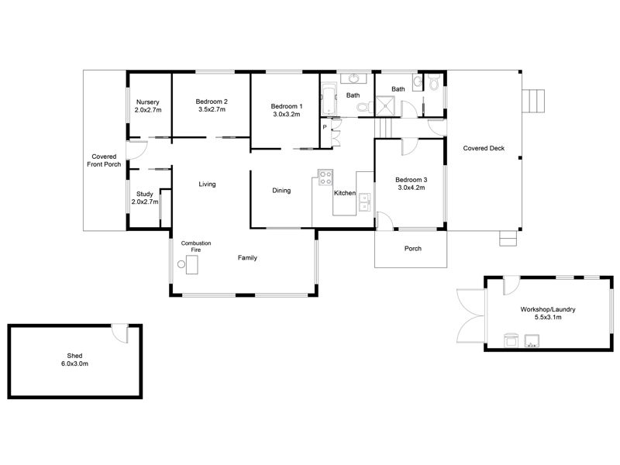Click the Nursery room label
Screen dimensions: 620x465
148,102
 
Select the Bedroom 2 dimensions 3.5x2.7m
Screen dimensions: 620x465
212,109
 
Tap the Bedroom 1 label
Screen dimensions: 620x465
287,106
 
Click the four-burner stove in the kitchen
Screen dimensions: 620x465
325,177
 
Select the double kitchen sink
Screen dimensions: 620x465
365,201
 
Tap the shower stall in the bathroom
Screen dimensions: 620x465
384,106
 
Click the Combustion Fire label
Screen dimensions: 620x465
196,246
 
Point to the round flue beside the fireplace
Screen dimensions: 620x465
181,264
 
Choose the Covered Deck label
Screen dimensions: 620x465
484,148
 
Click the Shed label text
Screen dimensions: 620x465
74,356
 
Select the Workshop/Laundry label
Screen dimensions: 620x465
548,309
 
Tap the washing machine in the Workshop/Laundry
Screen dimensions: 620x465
511,340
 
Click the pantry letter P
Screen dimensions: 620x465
325,127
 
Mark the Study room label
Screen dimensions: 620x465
145,195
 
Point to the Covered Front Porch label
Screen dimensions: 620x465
104,160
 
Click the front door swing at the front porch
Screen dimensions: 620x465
137,150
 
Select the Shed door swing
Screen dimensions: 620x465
119,333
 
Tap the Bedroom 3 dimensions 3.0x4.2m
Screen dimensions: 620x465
412,188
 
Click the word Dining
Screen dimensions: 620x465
281,191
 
